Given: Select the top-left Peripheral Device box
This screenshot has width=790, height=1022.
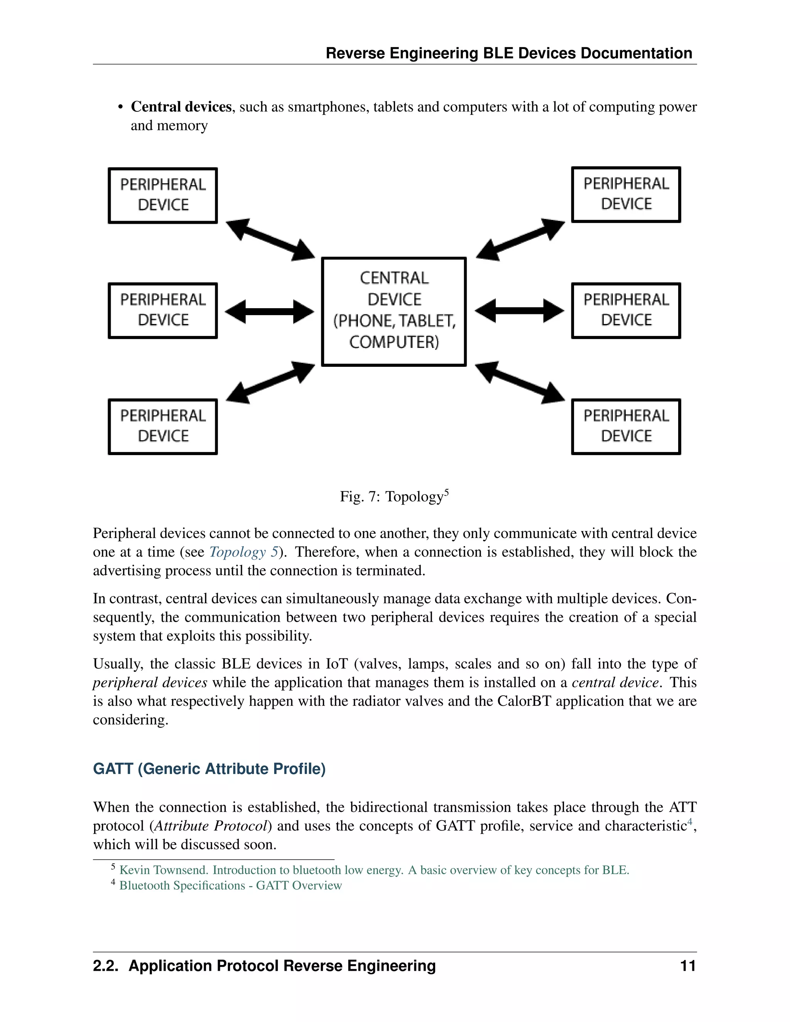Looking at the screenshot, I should point(163,195).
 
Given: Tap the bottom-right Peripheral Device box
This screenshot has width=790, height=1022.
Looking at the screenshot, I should point(626,426).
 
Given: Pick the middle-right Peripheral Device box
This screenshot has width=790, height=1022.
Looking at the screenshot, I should point(626,310).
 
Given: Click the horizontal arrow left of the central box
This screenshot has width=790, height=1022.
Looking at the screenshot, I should point(269,312).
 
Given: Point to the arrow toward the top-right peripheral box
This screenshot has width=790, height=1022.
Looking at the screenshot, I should point(520,239).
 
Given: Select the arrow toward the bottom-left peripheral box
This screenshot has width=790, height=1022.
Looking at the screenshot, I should point(270,383).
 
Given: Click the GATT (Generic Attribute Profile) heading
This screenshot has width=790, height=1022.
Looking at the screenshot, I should point(209,769).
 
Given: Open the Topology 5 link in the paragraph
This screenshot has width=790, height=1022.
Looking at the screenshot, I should point(243,552).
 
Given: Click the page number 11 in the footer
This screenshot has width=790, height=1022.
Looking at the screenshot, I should point(687,966).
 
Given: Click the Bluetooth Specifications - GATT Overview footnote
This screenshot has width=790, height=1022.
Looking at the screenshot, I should point(230,885).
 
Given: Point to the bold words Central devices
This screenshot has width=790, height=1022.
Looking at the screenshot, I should point(181,107).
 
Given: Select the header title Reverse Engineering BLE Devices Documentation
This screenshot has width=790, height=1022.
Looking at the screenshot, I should point(509,53).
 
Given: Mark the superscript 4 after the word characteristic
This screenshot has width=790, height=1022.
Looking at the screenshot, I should point(689,821).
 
